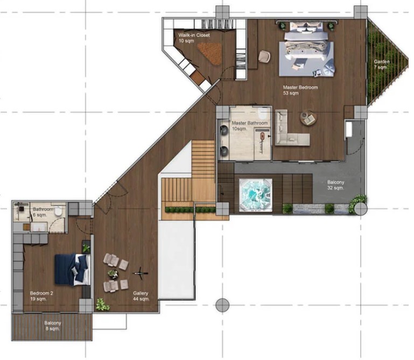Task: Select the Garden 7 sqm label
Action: coord(382,65)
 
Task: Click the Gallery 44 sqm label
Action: coord(141,296)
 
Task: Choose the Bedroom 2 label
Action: coord(41,296)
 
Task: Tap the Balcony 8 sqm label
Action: coord(53,326)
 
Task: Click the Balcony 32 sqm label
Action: coord(335,185)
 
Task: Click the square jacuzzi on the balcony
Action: coord(256,195)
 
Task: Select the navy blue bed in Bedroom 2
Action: coord(72,269)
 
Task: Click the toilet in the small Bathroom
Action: coord(58,211)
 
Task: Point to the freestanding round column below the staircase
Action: coord(222,305)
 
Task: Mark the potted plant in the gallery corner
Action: coord(102,305)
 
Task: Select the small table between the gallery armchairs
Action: coord(113,274)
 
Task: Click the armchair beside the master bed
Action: coord(264,57)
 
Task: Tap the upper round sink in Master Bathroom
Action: coord(224,130)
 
